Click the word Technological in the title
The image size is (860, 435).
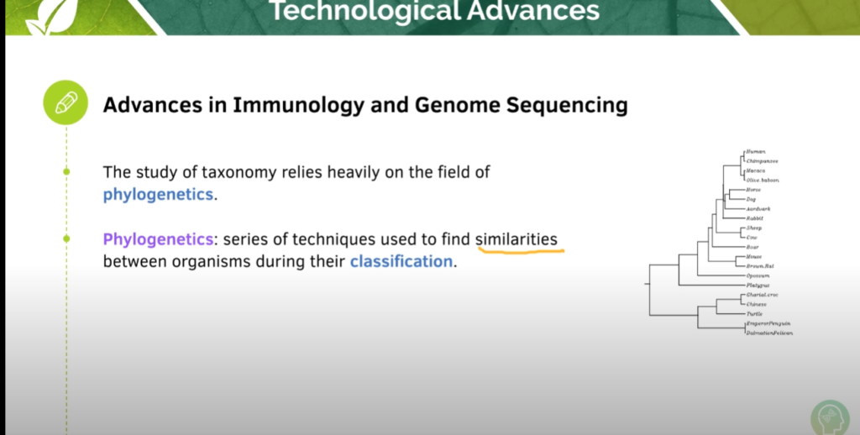(365, 11)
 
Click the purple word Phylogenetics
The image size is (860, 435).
(157, 239)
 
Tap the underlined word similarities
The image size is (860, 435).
(516, 239)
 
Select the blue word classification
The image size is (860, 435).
(401, 261)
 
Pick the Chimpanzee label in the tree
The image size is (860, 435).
(762, 160)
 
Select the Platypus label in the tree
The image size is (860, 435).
(757, 286)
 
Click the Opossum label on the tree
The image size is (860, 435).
(758, 275)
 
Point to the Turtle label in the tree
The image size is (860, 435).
(754, 313)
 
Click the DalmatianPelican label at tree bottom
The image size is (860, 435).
(768, 333)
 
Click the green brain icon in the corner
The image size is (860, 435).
(829, 417)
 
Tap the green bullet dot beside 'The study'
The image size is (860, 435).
(66, 172)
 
